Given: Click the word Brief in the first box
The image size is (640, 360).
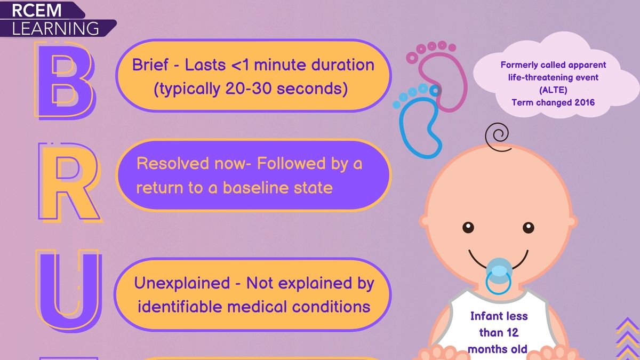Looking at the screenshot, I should [x=155, y=65].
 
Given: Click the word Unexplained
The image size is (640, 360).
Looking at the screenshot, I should [x=181, y=283].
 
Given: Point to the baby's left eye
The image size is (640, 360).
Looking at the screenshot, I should [x=527, y=227].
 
